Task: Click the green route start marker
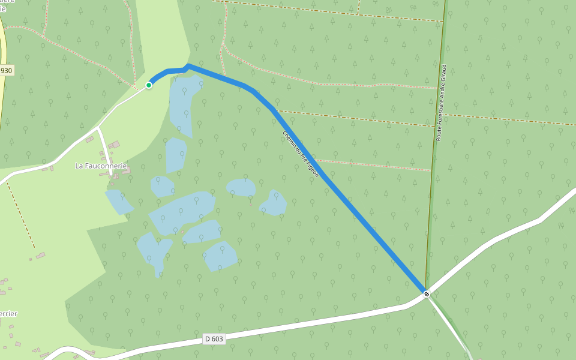(149, 85)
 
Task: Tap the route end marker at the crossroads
(427, 293)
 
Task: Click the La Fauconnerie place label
(101, 166)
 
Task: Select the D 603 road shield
(214, 339)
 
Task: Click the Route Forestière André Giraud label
(442, 103)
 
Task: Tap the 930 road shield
(6, 70)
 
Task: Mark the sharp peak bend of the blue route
(188, 66)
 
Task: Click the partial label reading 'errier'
(8, 313)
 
